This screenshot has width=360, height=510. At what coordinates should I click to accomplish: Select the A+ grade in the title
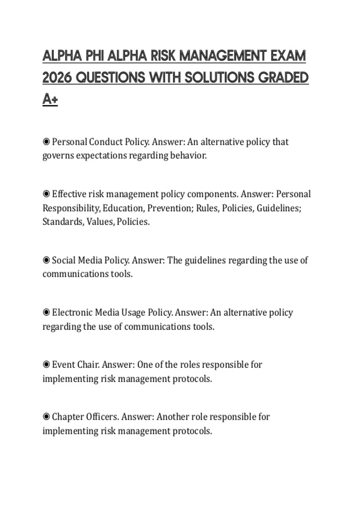tap(50, 99)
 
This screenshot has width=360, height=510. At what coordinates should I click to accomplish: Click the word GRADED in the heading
tap(283, 78)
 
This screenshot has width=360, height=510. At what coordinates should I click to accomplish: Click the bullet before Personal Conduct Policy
tap(46, 142)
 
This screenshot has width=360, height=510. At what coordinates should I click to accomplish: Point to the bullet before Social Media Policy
tap(46, 260)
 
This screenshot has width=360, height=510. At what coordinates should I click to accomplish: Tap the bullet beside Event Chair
tap(46, 364)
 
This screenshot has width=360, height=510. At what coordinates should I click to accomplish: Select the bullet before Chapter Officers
tap(46, 417)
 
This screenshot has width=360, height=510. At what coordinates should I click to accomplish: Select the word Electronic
tap(72, 312)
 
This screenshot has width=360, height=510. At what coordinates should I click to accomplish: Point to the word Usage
tap(133, 312)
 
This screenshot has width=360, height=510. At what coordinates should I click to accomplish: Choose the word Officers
tap(102, 417)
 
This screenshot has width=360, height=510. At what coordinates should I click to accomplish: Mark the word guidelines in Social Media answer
tap(205, 260)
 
